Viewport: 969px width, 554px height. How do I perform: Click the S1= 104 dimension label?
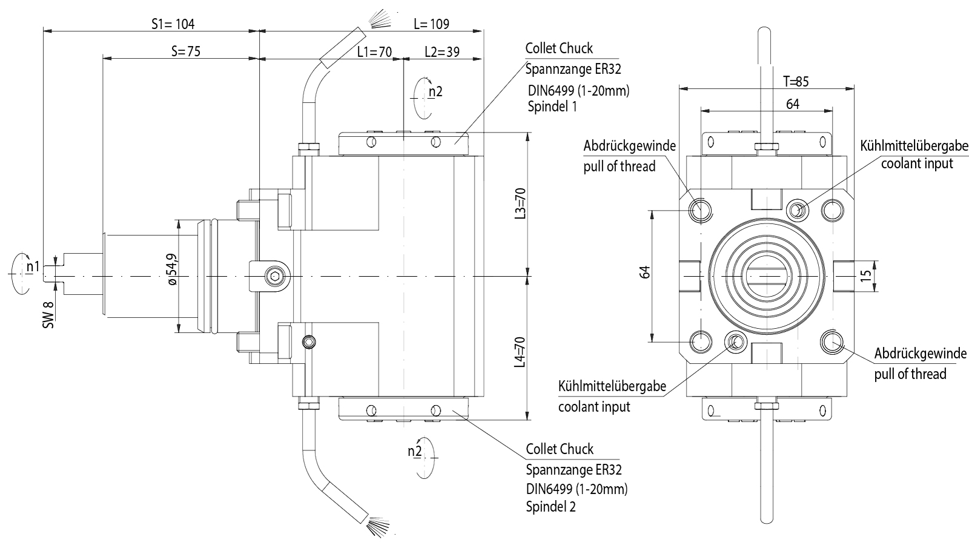pyautogui.click(x=173, y=24)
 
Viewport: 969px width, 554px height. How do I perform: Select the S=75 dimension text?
pyautogui.click(x=185, y=51)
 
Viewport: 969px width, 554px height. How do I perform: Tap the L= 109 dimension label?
pyautogui.click(x=431, y=24)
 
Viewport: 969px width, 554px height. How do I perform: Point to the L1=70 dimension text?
pyautogui.click(x=374, y=51)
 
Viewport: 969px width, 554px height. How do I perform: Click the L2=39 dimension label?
pyautogui.click(x=442, y=51)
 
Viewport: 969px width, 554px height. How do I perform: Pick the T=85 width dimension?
pyautogui.click(x=795, y=81)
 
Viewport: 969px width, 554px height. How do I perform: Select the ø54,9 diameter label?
pyautogui.click(x=171, y=269)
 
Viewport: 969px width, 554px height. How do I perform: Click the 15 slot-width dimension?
pyautogui.click(x=866, y=275)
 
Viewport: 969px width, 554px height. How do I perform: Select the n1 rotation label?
pyautogui.click(x=33, y=266)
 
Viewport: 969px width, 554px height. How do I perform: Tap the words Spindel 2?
pyautogui.click(x=551, y=506)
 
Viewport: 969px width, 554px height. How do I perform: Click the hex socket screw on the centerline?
pyautogui.click(x=274, y=277)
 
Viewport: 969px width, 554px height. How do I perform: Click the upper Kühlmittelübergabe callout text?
pyautogui.click(x=914, y=146)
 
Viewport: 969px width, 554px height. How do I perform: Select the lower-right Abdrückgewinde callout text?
pyautogui.click(x=920, y=354)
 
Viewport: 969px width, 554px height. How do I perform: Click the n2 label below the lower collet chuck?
pyautogui.click(x=414, y=451)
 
